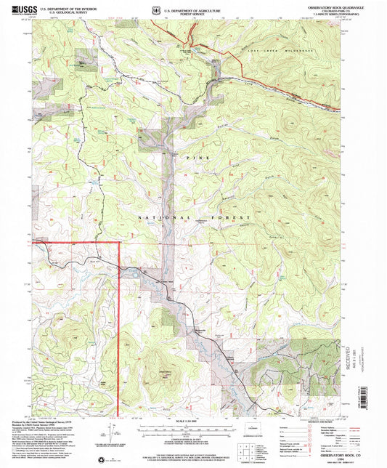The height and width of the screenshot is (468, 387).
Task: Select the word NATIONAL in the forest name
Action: tap(150, 217)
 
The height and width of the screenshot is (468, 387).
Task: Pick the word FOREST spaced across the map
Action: tap(232, 217)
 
